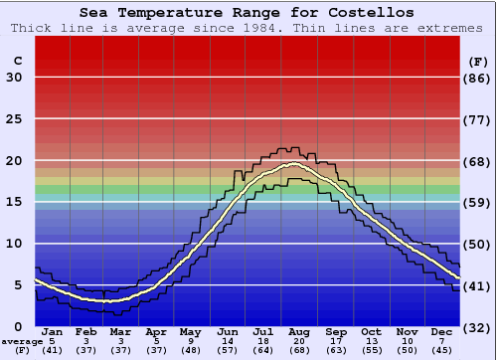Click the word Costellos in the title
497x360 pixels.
(x=367, y=13)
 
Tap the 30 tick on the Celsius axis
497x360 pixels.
(x=15, y=78)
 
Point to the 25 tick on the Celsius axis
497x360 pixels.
(x=15, y=119)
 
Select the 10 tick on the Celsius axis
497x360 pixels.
(x=15, y=244)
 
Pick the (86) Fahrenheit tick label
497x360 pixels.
(x=477, y=78)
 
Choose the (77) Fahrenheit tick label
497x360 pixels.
(x=477, y=119)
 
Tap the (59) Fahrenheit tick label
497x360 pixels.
(x=477, y=203)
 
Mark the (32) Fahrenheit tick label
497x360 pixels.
(x=477, y=327)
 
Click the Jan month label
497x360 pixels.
(x=53, y=331)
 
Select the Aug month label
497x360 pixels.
(x=300, y=331)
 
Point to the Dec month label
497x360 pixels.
(x=442, y=331)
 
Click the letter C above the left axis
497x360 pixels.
(x=17, y=61)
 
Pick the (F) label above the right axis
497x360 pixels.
(x=477, y=61)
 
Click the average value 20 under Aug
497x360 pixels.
(x=300, y=341)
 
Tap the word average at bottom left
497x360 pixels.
(x=22, y=341)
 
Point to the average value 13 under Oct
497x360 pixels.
(x=371, y=341)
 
